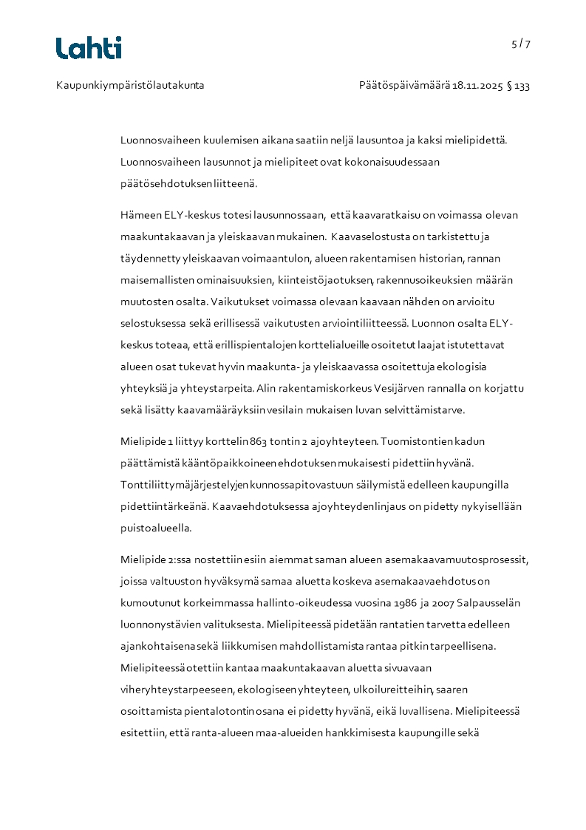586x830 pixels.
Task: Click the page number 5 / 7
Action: [521, 44]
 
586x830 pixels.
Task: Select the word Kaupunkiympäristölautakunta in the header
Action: [130, 86]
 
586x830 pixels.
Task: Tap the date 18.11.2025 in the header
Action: [477, 86]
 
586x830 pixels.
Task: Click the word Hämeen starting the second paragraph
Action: [140, 215]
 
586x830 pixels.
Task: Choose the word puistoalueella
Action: [156, 528]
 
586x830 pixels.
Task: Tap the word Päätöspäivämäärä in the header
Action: [404, 86]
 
